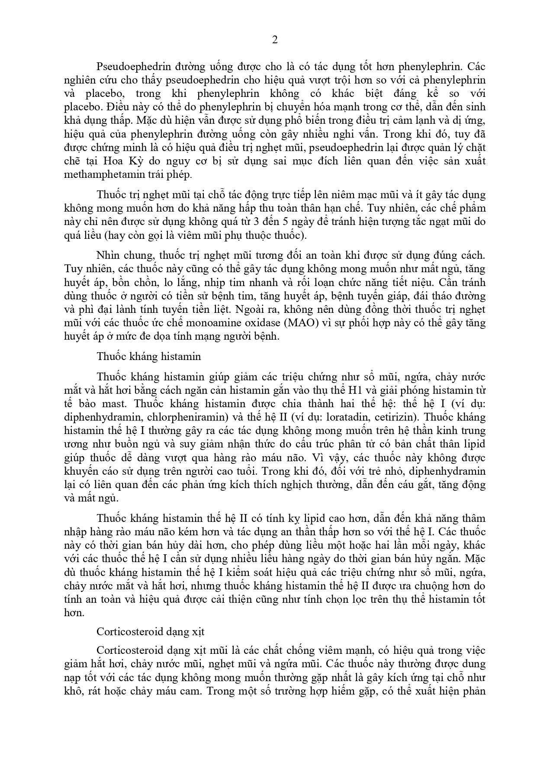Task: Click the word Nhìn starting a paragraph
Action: (x=109, y=256)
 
